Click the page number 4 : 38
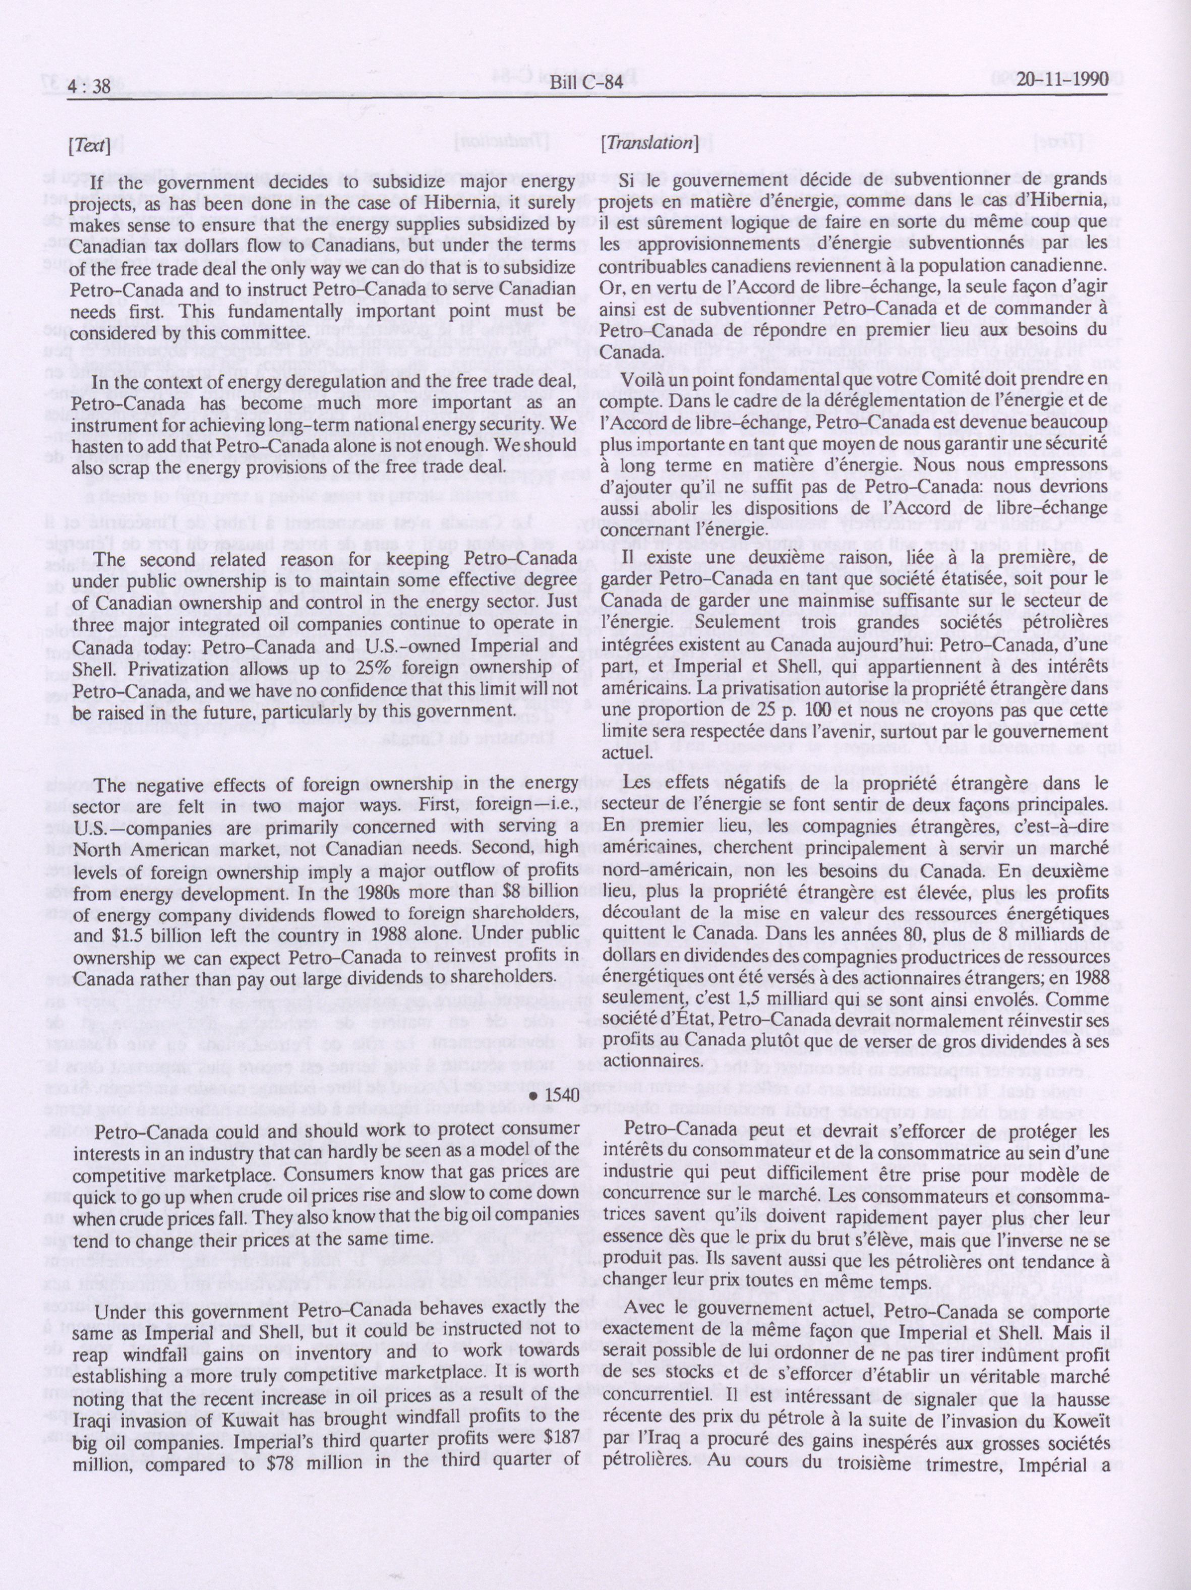click(x=89, y=86)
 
